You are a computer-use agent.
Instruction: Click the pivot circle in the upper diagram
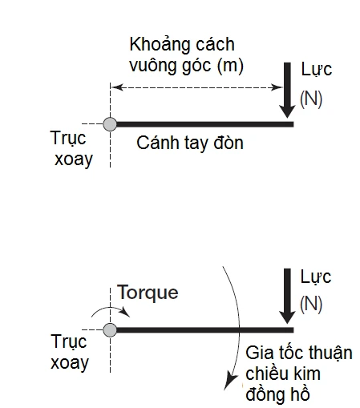pyautogui.click(x=111, y=123)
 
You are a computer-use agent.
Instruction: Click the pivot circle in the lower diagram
pyautogui.click(x=111, y=329)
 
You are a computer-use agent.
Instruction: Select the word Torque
pyautogui.click(x=148, y=293)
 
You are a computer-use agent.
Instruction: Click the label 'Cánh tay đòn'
pyautogui.click(x=189, y=144)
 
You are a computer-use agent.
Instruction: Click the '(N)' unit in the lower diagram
pyautogui.click(x=311, y=304)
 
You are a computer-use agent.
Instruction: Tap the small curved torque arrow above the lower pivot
pyautogui.click(x=101, y=310)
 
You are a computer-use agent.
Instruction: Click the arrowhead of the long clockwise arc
pyautogui.click(x=231, y=388)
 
